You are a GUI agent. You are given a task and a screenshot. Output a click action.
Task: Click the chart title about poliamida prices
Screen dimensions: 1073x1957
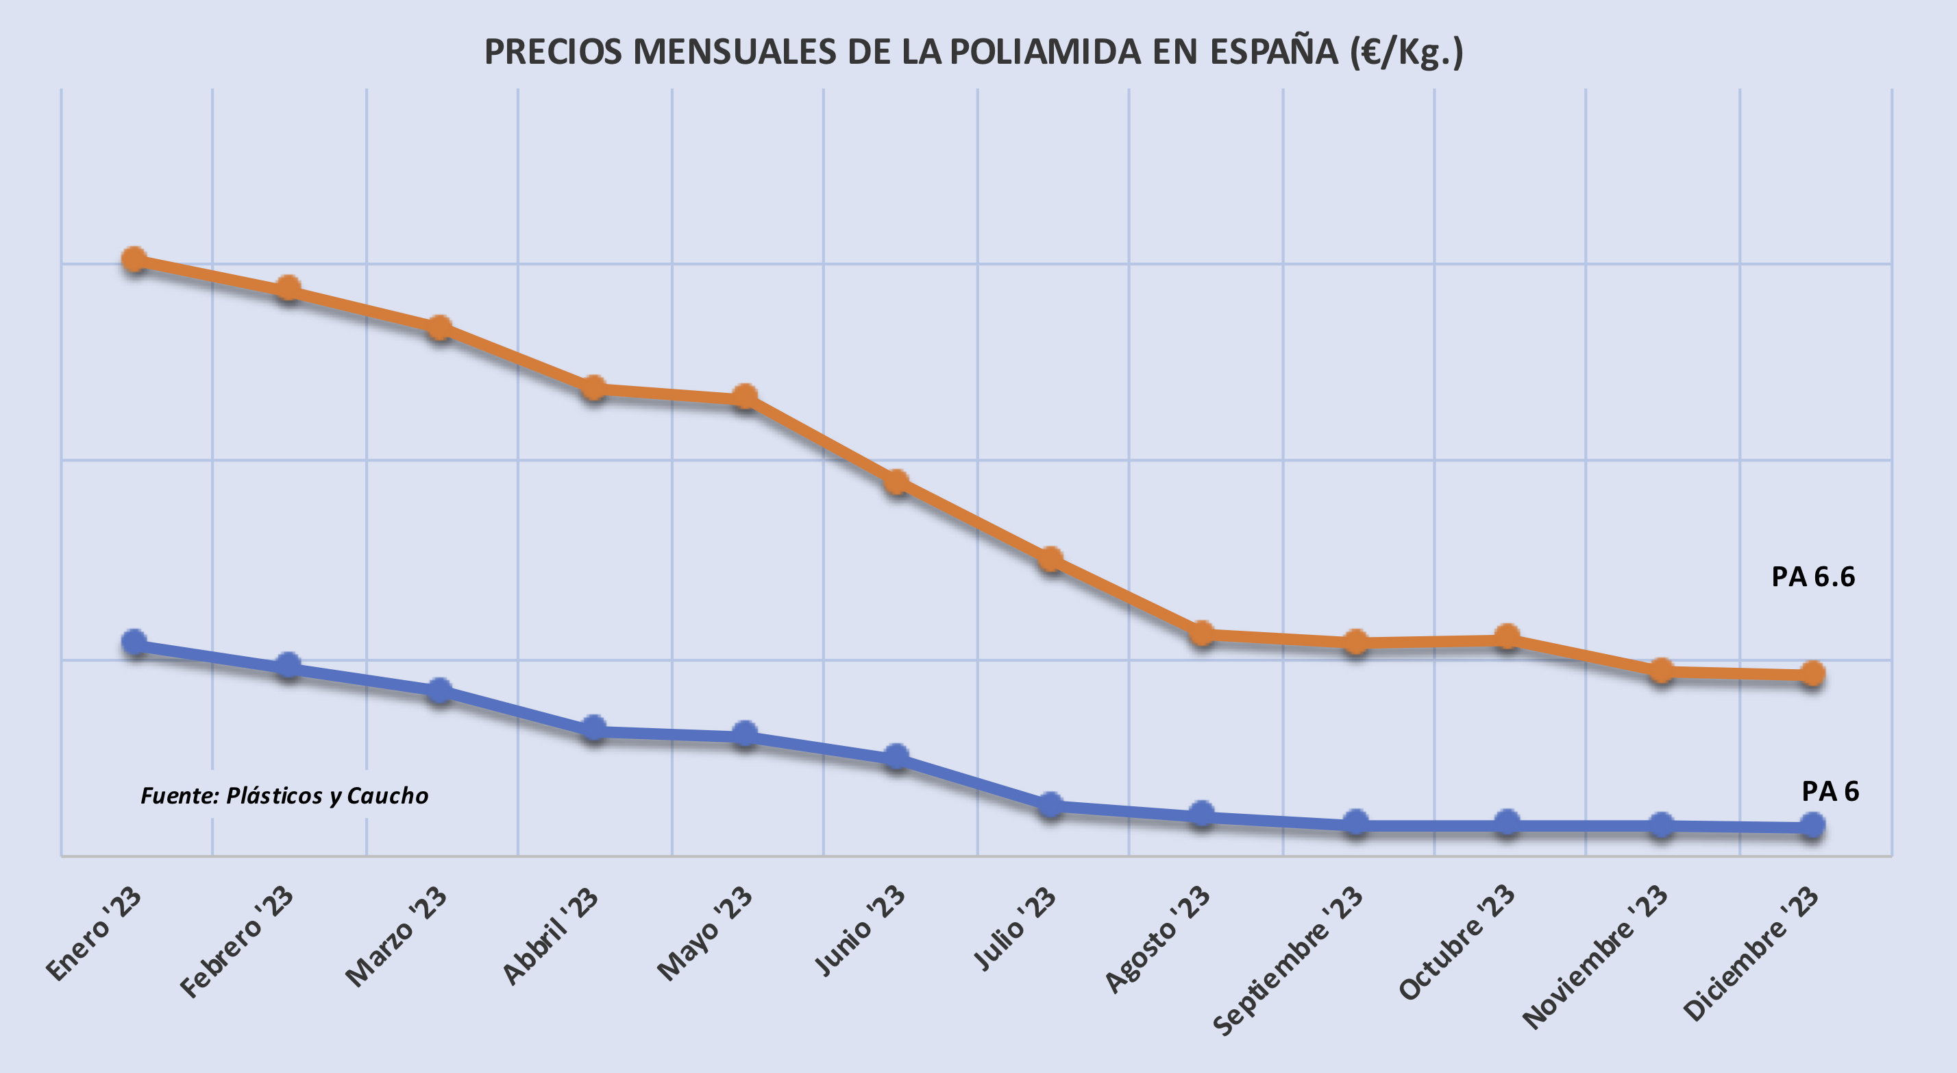[973, 52]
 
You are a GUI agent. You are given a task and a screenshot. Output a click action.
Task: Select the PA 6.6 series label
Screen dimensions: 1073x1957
[1812, 577]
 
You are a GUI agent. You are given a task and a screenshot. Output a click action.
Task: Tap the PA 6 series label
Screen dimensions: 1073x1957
[1830, 792]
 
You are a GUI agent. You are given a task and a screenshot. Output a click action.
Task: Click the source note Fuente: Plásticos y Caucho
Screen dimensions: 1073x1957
[284, 795]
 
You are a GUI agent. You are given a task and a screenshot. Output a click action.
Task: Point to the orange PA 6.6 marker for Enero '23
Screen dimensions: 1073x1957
[134, 261]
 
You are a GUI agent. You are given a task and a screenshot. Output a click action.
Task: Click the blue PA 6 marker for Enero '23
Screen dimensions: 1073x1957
[134, 643]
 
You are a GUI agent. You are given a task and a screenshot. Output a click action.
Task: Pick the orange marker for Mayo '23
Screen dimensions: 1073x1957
[746, 397]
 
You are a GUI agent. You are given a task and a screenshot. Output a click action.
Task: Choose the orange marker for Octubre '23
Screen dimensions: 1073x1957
[1507, 637]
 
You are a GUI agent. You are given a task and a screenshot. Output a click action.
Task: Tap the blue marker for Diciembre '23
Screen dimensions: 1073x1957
[1812, 825]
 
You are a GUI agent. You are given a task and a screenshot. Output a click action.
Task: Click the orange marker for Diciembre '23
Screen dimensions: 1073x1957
[1812, 673]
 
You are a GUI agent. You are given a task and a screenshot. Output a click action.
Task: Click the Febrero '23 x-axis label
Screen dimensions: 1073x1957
[238, 942]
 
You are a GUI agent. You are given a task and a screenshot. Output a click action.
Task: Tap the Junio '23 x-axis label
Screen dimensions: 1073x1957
[861, 930]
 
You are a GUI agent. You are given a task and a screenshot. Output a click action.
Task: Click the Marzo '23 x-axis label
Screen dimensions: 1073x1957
[397, 936]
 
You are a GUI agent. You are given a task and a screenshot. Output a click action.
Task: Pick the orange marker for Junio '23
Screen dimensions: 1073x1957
[897, 482]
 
